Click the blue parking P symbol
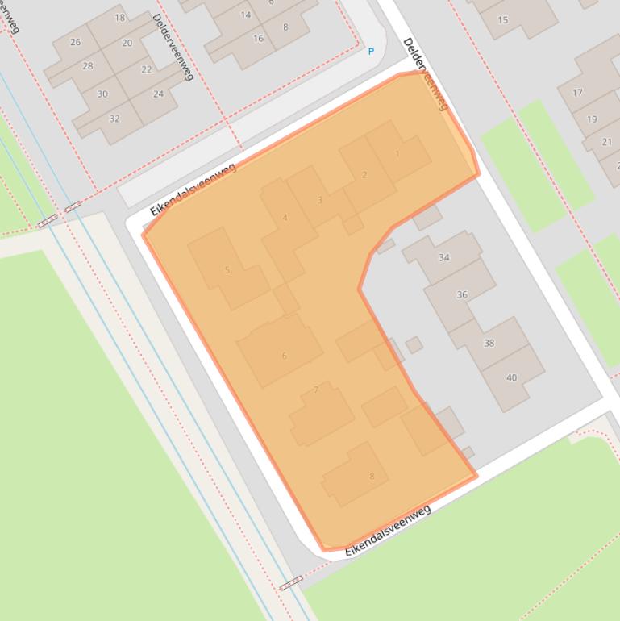point(371,52)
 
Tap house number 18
point(120,17)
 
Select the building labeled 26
point(76,42)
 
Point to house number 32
point(114,119)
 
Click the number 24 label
point(158,94)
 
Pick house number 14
point(246,15)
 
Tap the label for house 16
point(258,38)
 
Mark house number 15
point(503,19)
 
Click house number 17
point(577,93)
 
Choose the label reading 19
point(592,119)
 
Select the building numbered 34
point(444,257)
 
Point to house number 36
point(462,294)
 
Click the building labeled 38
point(489,343)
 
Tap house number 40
point(511,377)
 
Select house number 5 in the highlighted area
point(227,270)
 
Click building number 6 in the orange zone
point(284,356)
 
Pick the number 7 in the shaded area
point(316,390)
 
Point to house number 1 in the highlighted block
point(397,153)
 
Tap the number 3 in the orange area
point(320,200)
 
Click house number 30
point(102,94)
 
